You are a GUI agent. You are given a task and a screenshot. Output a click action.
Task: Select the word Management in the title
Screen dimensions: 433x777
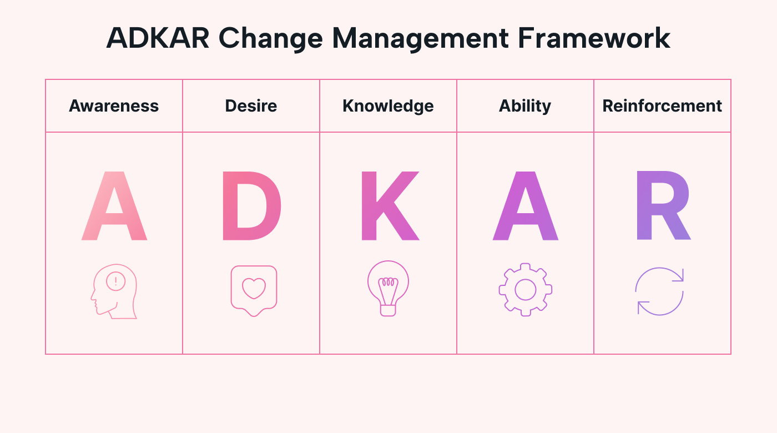[418, 38]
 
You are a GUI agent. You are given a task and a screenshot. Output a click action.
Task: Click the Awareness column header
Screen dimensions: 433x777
[114, 106]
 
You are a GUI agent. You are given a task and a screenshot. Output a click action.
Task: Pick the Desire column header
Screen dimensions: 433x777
[251, 106]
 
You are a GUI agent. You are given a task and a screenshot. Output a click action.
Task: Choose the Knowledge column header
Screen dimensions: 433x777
[388, 106]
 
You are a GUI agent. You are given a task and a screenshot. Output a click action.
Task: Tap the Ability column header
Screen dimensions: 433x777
[525, 106]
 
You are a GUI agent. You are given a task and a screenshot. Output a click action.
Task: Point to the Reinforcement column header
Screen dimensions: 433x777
[662, 106]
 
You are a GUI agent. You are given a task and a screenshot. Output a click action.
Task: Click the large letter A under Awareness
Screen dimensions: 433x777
[114, 206]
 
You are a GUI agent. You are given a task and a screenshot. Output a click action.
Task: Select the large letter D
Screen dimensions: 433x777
[251, 206]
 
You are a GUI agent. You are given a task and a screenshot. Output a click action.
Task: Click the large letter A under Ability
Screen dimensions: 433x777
[525, 206]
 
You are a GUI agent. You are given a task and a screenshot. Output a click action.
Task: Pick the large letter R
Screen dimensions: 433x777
[663, 206]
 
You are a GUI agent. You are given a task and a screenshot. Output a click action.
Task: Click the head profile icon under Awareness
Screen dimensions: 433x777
[114, 291]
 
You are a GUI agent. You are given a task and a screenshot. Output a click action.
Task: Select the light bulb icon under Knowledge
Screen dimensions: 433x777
[388, 288]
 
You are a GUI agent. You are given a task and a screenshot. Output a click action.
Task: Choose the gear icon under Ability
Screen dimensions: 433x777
[525, 290]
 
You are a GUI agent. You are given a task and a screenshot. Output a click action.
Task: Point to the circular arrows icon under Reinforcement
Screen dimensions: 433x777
[659, 291]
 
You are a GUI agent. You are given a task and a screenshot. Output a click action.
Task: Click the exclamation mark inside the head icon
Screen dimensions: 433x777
[115, 281]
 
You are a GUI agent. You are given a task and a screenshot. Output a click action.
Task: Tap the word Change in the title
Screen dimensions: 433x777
[269, 38]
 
